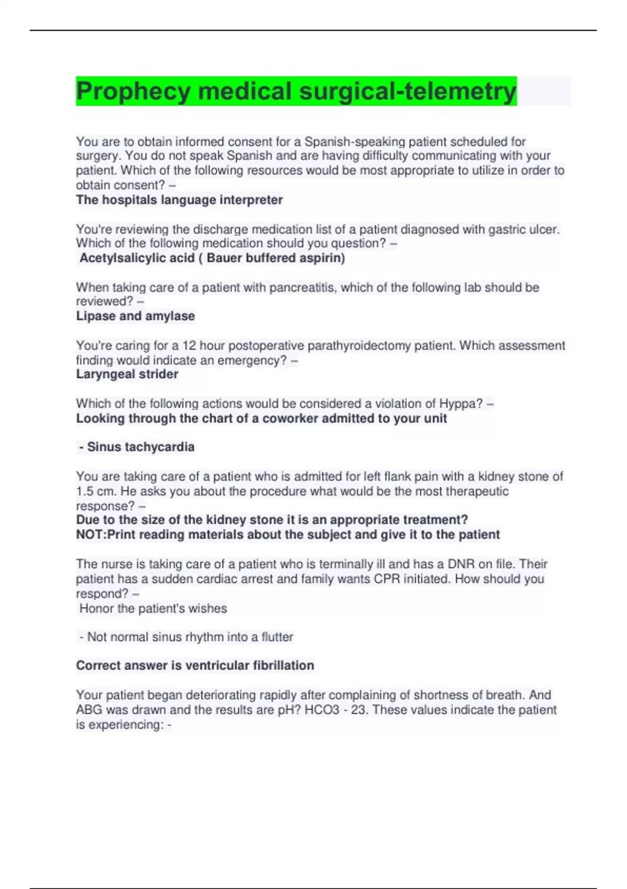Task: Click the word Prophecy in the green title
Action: (x=133, y=92)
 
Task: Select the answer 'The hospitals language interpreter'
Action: (x=179, y=200)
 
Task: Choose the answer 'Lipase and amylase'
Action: (x=135, y=316)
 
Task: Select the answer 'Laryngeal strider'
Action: (x=127, y=374)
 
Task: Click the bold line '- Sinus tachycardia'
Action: (x=137, y=447)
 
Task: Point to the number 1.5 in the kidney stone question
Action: (x=85, y=491)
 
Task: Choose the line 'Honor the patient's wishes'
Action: (x=153, y=608)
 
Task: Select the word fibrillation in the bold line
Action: (x=283, y=665)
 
